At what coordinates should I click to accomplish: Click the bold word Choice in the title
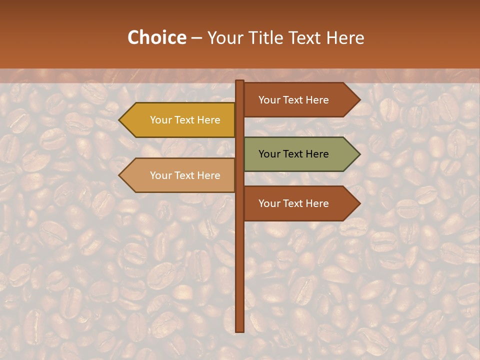pos(156,37)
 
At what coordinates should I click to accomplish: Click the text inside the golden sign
pos(185,120)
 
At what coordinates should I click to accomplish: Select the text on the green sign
pos(293,154)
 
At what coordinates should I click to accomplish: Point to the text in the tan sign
pos(185,175)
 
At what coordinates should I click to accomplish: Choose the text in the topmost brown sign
pos(293,100)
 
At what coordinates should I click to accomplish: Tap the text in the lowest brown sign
pos(293,203)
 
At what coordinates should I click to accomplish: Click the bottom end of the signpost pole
pos(240,330)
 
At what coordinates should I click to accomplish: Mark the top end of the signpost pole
pos(240,82)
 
